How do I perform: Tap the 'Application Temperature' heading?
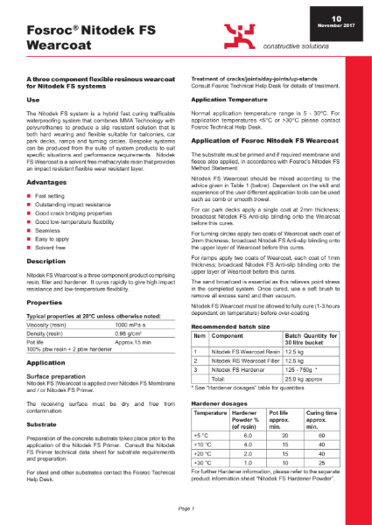coord(231,100)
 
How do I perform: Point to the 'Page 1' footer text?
coord(186,507)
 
